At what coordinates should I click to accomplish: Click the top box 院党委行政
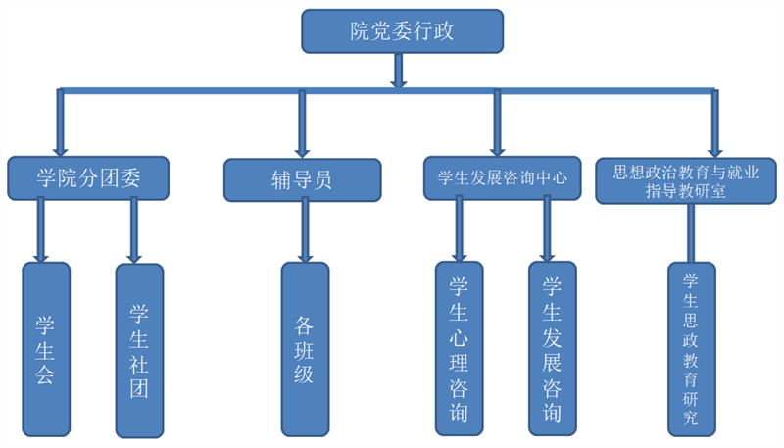(x=402, y=31)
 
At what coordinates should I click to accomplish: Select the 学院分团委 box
(x=88, y=177)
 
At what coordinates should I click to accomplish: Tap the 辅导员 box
(x=302, y=180)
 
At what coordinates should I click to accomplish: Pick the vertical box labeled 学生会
(x=45, y=349)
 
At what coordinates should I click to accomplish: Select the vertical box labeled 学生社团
(x=139, y=349)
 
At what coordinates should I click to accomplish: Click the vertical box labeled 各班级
(x=305, y=349)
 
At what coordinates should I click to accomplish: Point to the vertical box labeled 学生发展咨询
(x=552, y=349)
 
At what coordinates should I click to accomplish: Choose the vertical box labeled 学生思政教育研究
(x=691, y=349)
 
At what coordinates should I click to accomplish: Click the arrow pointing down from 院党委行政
(x=398, y=71)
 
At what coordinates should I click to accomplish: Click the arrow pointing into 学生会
(x=41, y=230)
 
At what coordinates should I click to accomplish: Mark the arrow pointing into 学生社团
(x=134, y=230)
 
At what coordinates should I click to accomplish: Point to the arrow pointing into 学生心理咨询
(x=457, y=230)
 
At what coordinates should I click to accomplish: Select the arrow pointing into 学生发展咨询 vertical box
(x=549, y=230)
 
